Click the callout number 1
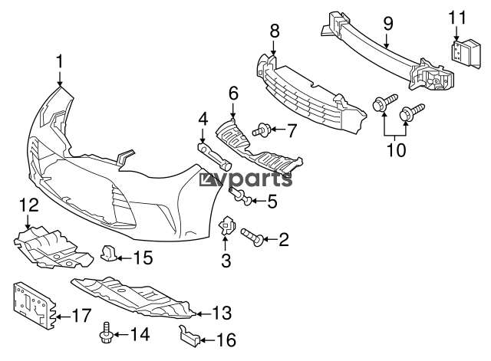pyautogui.click(x=60, y=61)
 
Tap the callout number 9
pyautogui.click(x=387, y=24)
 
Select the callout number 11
pyautogui.click(x=457, y=18)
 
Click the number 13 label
pyautogui.click(x=222, y=313)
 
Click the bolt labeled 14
pyautogui.click(x=106, y=333)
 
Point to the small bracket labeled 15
pyautogui.click(x=108, y=252)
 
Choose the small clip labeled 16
pyautogui.click(x=189, y=336)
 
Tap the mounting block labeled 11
pyautogui.click(x=466, y=54)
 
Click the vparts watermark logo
pyautogui.click(x=245, y=179)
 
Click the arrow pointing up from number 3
pyautogui.click(x=225, y=244)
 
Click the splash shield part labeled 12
pyautogui.click(x=53, y=248)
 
